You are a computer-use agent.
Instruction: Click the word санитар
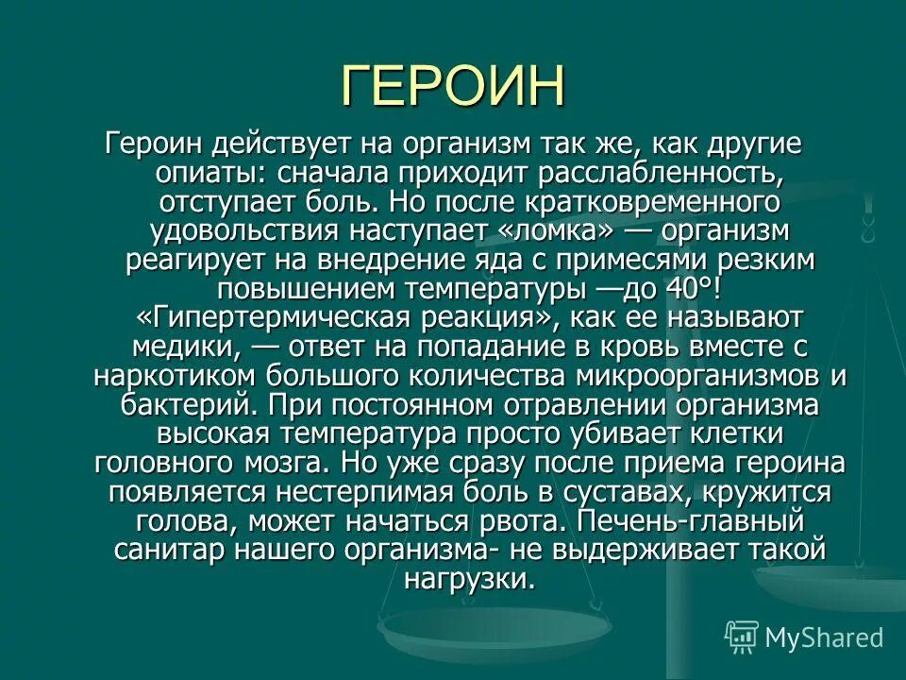[165, 549]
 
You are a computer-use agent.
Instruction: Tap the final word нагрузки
[469, 578]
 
